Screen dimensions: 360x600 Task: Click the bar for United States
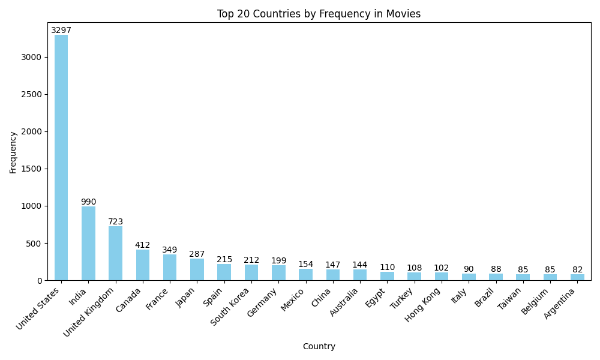coord(61,157)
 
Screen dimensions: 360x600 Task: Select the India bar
coord(88,243)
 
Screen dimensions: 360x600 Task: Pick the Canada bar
coord(143,265)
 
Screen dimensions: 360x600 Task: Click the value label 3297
coord(61,31)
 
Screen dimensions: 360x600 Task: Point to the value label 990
coord(88,202)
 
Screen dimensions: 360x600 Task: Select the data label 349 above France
coord(170,250)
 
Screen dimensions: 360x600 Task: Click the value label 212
coord(251,260)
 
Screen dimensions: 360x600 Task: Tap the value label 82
coord(577,269)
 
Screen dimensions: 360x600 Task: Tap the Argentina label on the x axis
coord(560,304)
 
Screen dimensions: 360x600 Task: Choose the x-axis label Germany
coord(262,302)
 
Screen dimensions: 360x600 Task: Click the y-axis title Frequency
coord(13,152)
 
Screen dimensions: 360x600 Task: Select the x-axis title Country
coord(319,346)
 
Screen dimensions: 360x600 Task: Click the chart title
coord(319,14)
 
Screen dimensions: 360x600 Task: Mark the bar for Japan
coord(197,269)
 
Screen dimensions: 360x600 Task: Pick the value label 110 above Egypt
coord(387,267)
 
